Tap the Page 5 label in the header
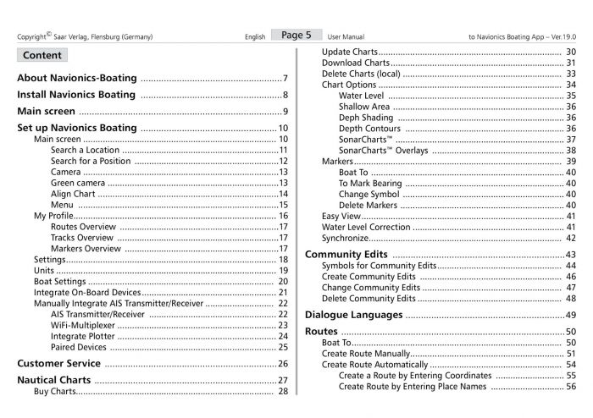296,36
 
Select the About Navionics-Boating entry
77,78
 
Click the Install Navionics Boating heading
76,95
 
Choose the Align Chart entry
73,194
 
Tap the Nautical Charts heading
65,380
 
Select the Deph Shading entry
368,118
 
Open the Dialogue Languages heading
353,315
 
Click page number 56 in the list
570,386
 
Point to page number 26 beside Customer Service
283,364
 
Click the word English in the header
255,38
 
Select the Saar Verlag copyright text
84,38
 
